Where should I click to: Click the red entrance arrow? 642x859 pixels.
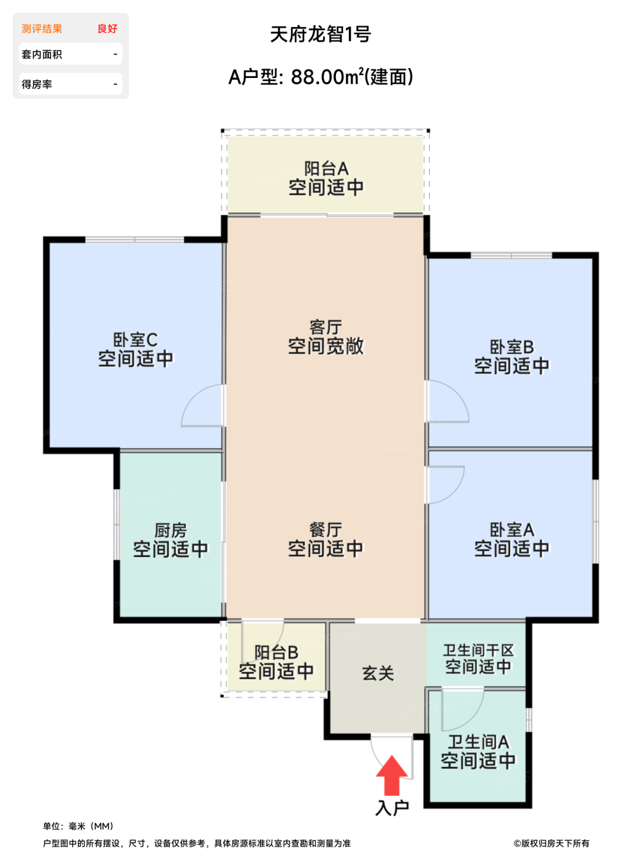coord(392,776)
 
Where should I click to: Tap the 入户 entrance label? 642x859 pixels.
coord(392,807)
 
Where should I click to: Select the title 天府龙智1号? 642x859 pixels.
coord(320,34)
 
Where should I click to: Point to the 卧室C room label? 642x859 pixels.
coord(136,339)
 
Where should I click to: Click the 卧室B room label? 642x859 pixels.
coord(511,347)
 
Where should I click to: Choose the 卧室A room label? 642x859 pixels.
coord(511,530)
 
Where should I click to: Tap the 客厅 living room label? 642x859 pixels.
coord(326,327)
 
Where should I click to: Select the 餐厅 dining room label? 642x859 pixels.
coord(326,530)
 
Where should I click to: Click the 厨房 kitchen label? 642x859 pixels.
coord(170,530)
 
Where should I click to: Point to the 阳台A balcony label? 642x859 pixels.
coord(326,168)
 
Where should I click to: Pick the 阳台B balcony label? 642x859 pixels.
coord(276,652)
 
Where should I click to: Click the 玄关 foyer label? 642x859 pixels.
coord(378,673)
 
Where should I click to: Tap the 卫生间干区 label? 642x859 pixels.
coord(478,650)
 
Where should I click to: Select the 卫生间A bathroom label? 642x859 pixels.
coord(478,742)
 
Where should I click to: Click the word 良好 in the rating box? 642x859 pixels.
coord(107,29)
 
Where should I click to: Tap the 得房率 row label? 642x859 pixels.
coord(37,85)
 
